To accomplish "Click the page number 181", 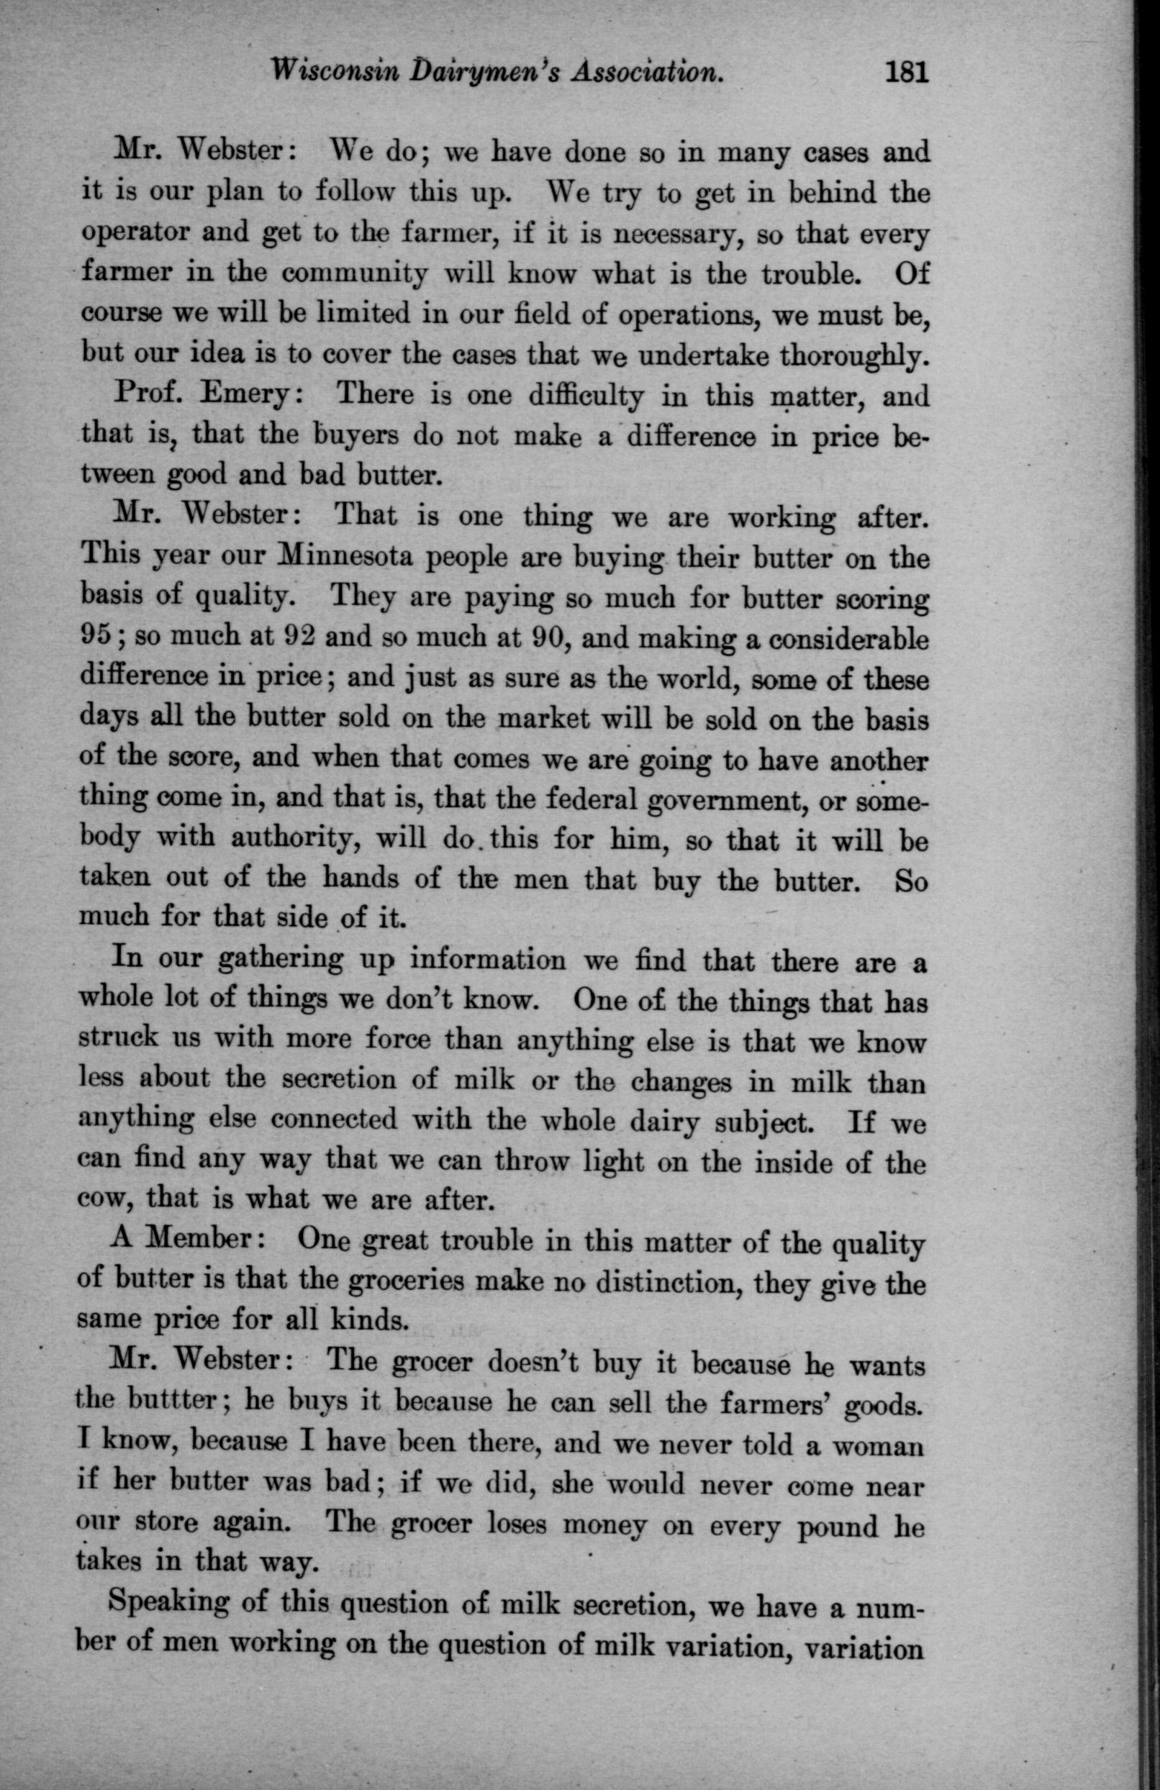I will (908, 72).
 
